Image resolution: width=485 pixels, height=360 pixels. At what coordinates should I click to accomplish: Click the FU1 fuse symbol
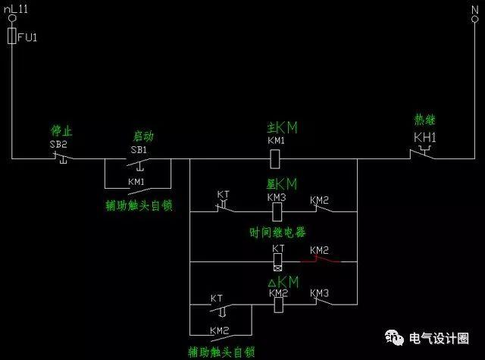pyautogui.click(x=11, y=36)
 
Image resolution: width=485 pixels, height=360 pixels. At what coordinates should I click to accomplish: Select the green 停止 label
pyautogui.click(x=61, y=131)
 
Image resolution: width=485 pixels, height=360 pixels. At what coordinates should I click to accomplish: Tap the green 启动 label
pyautogui.click(x=143, y=136)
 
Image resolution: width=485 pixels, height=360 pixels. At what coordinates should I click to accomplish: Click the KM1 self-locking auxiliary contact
pyautogui.click(x=138, y=186)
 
